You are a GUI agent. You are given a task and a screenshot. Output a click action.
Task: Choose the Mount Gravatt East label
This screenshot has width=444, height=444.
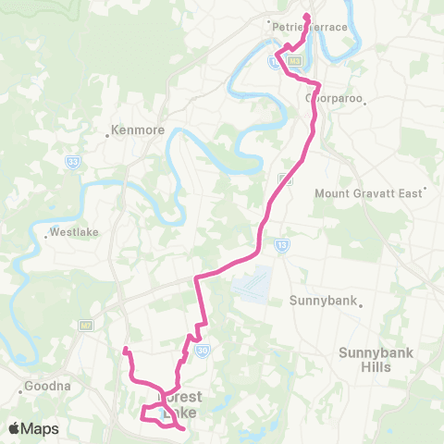tap(368, 193)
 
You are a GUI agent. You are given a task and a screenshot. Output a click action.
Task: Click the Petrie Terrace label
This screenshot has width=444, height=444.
tap(311, 27)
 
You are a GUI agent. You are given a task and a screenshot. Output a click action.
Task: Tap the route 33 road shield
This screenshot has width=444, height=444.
tap(72, 161)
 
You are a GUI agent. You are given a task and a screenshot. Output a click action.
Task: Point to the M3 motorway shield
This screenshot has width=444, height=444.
tap(295, 61)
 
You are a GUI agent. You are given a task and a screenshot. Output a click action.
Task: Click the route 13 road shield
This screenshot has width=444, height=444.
tap(280, 244)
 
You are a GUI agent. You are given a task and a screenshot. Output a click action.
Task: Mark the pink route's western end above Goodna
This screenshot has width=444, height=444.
tap(125, 350)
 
